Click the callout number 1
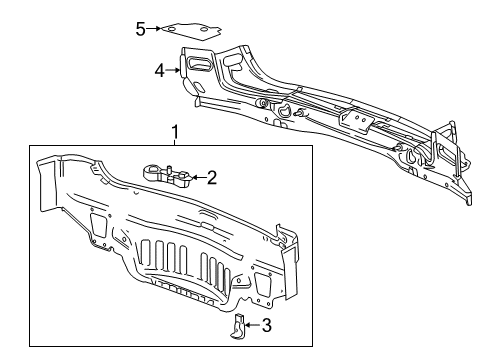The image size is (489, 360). [175, 131]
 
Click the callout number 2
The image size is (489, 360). [211, 178]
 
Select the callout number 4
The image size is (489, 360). [159, 70]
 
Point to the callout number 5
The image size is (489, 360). [141, 28]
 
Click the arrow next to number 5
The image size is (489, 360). [154, 29]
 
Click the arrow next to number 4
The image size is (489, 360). [173, 70]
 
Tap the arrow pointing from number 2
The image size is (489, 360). [198, 178]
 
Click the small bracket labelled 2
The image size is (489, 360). [167, 176]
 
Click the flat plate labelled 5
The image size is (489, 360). [191, 30]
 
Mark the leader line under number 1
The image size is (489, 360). [175, 142]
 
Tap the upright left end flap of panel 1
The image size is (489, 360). [44, 190]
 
